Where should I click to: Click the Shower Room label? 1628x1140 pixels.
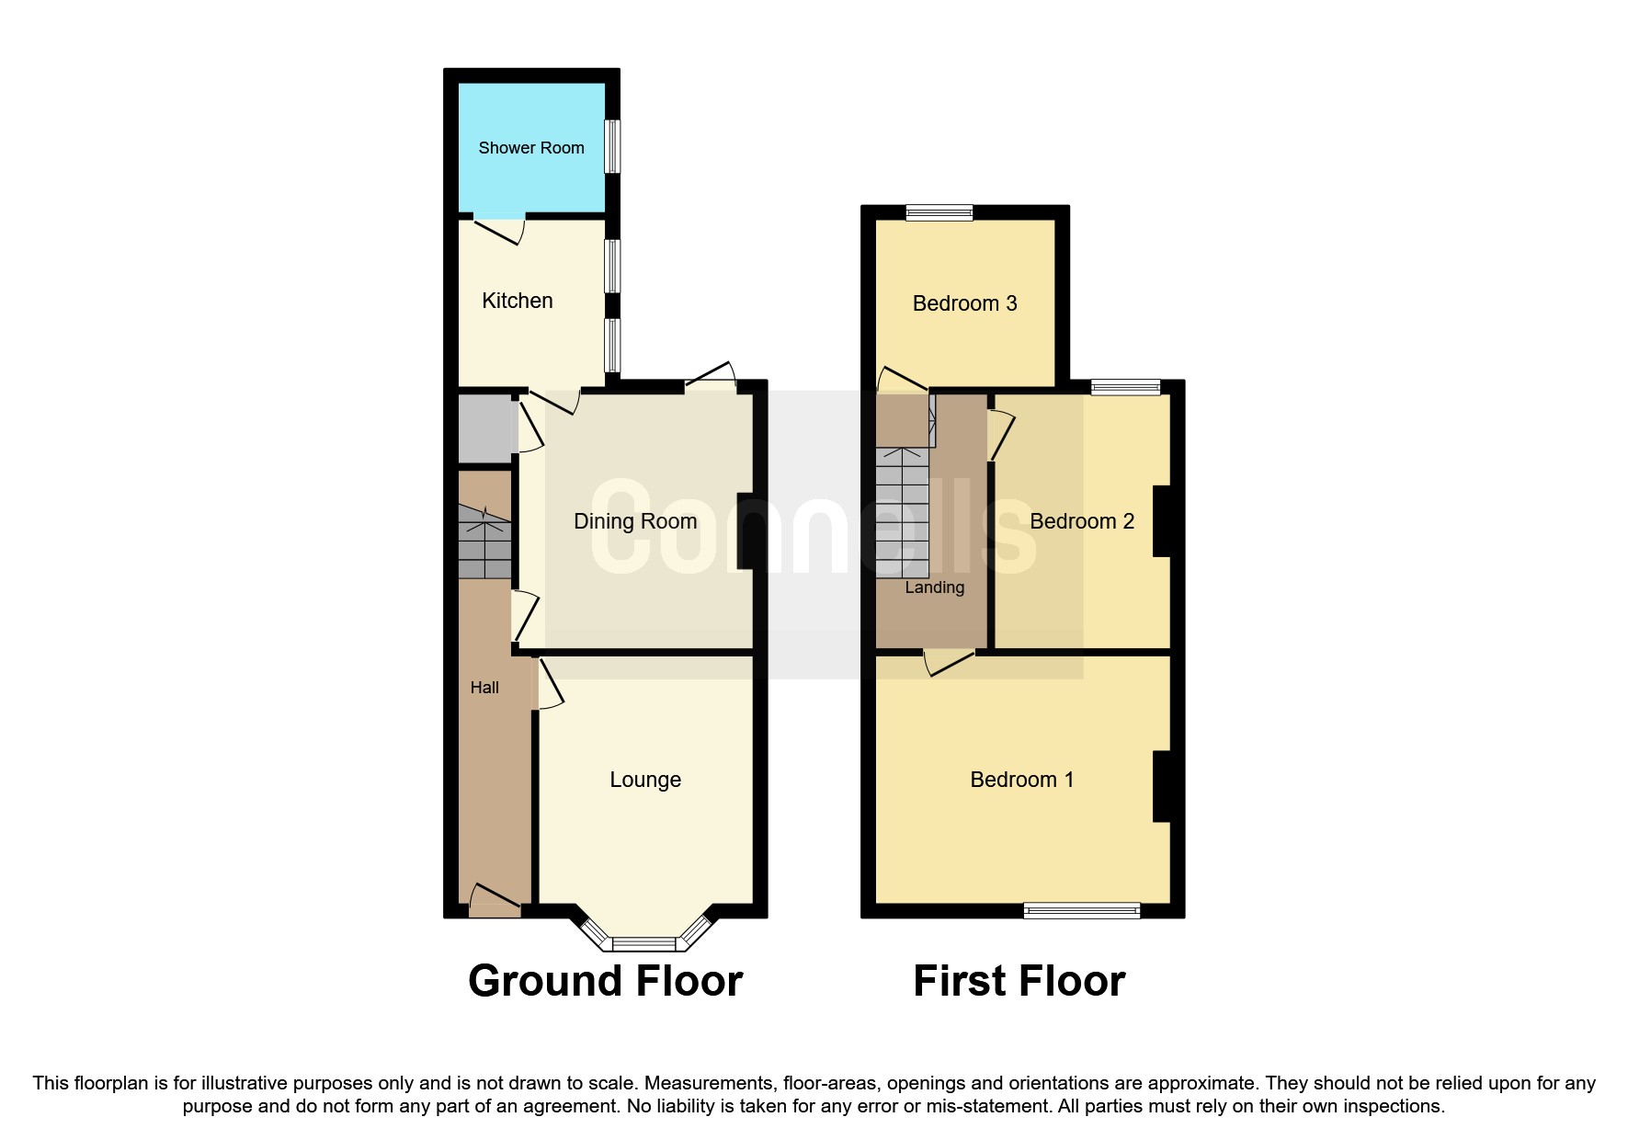coord(531,147)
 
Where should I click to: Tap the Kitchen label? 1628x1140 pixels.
coord(518,301)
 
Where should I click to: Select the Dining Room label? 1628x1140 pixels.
coord(635,521)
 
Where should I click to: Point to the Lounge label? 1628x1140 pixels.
coord(645,780)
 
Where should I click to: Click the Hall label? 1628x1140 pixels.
coord(484,688)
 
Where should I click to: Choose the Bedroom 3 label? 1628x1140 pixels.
coord(964,303)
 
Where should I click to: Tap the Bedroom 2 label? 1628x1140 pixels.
coord(1081,521)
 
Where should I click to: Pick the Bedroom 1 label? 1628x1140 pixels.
coord(1021,780)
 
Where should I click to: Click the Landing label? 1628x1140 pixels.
coord(934,587)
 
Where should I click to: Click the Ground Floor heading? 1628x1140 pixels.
coord(605,981)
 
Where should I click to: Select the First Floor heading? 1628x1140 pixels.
coord(1019,981)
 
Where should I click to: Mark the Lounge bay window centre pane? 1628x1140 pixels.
coord(643,942)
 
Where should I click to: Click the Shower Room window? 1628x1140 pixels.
coord(611,146)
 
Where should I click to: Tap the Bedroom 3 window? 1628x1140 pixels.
coord(939,212)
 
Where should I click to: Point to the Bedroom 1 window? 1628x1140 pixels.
coord(1082,910)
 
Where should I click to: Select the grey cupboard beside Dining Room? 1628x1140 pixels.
coord(484,428)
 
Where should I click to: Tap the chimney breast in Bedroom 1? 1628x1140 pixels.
coord(1162,786)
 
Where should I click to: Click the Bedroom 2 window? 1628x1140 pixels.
coord(1125,387)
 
